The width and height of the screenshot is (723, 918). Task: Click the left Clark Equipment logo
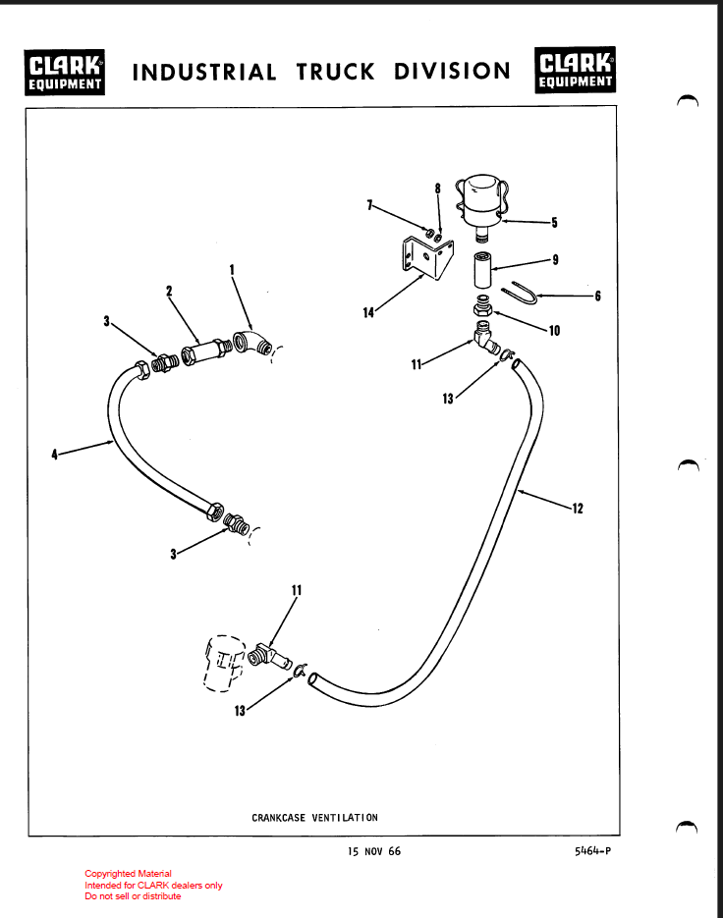click(x=67, y=73)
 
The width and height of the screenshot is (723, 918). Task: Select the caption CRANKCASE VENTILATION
click(x=314, y=817)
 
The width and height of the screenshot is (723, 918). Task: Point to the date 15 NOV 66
click(x=373, y=851)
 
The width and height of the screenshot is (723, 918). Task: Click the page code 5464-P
click(x=592, y=851)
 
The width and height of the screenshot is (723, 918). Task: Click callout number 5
click(x=554, y=223)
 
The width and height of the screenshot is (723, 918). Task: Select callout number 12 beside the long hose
click(x=577, y=508)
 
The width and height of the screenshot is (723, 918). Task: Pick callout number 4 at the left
click(x=56, y=453)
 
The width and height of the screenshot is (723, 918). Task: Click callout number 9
click(x=555, y=260)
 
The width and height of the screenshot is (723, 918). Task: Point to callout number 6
click(x=598, y=297)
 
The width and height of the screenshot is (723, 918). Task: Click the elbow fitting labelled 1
click(x=254, y=347)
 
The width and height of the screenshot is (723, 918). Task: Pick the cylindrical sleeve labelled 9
click(x=482, y=268)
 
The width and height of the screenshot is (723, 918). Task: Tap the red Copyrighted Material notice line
click(x=128, y=874)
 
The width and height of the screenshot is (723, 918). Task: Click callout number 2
click(x=169, y=291)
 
